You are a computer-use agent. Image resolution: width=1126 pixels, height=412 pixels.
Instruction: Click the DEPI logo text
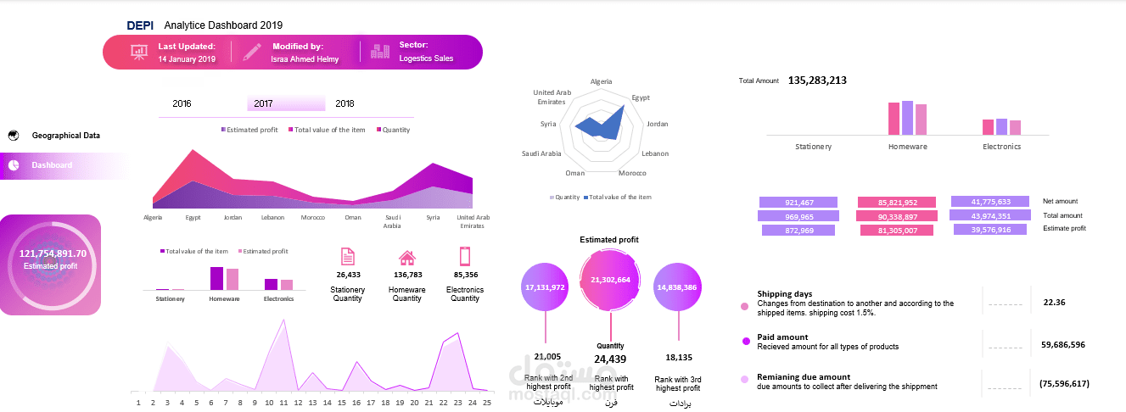139,25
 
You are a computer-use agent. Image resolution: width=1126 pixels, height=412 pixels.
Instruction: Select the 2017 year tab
263,103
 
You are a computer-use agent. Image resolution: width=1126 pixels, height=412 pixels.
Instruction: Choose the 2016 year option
182,103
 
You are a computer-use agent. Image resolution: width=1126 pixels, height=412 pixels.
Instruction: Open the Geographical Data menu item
66,136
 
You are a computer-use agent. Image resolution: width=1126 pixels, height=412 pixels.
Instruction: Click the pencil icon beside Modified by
252,52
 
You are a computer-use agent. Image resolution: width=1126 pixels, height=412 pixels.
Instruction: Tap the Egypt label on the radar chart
641,97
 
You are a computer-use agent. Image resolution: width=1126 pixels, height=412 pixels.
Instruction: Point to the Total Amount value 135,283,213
817,81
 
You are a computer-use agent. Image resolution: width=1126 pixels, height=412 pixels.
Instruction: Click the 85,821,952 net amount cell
897,203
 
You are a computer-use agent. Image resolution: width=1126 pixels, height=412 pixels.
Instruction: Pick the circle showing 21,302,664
611,280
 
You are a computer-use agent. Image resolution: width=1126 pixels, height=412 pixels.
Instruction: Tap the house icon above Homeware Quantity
407,258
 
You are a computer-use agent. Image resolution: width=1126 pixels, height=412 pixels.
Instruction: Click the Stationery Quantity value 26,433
348,275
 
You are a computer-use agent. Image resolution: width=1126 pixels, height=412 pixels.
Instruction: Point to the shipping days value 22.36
1054,302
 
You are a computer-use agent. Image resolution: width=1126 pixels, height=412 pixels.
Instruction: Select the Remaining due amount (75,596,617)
1063,383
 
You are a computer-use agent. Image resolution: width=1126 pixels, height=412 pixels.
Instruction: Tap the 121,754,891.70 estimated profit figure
53,253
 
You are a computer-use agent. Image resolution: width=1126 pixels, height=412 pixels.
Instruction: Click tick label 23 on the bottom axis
457,403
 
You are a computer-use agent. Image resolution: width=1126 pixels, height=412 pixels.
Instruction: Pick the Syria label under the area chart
433,218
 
